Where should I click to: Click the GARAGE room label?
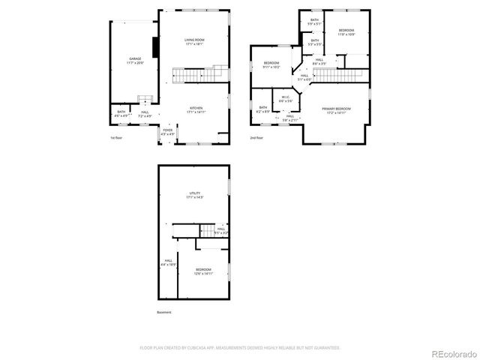click(135, 59)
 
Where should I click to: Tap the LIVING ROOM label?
click(195, 41)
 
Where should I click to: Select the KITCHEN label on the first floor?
click(196, 109)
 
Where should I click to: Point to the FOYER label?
click(167, 132)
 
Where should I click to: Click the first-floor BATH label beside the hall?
click(120, 114)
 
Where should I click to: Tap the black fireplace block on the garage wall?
click(155, 46)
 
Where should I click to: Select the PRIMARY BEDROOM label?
click(336, 110)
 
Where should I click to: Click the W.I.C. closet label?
click(286, 98)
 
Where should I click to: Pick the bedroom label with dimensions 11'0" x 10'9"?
click(346, 31)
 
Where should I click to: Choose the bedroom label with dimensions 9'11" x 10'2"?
click(271, 64)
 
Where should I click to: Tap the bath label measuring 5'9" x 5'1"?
click(315, 22)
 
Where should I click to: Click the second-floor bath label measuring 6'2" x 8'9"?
click(263, 109)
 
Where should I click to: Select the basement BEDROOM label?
click(204, 271)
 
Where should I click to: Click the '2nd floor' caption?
click(256, 138)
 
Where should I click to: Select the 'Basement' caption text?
click(164, 312)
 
